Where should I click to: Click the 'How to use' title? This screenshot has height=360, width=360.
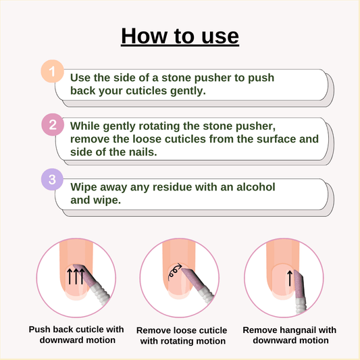pyautogui.click(x=180, y=36)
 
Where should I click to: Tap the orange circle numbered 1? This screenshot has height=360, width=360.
pyautogui.click(x=53, y=71)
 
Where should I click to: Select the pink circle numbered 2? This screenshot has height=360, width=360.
pyautogui.click(x=53, y=125)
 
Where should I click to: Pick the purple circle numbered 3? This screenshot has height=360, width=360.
pyautogui.click(x=52, y=179)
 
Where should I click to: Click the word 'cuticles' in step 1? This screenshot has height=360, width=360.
pyautogui.click(x=147, y=91)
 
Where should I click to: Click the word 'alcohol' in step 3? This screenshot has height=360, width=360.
pyautogui.click(x=255, y=186)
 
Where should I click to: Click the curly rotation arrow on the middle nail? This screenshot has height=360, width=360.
pyautogui.click(x=174, y=272)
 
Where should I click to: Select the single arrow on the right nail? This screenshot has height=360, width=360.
pyautogui.click(x=290, y=278)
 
